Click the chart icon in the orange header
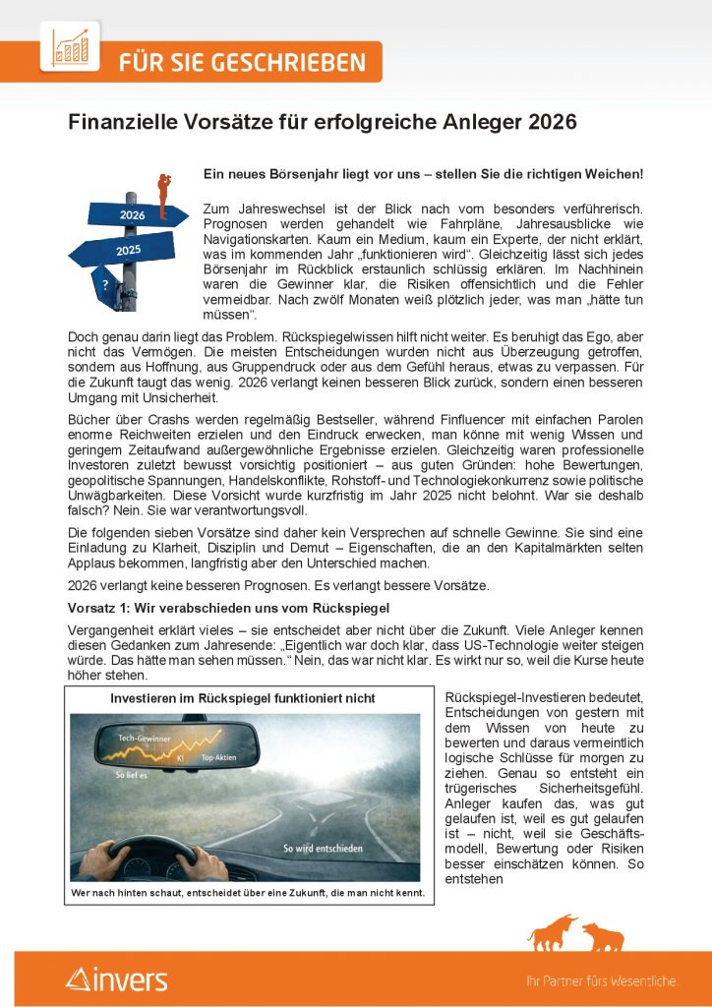point(70,46)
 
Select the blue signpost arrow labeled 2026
point(136,212)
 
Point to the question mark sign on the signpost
point(105,283)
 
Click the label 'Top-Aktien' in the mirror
point(221,758)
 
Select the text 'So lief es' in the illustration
point(133,775)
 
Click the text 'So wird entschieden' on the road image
point(324,848)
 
